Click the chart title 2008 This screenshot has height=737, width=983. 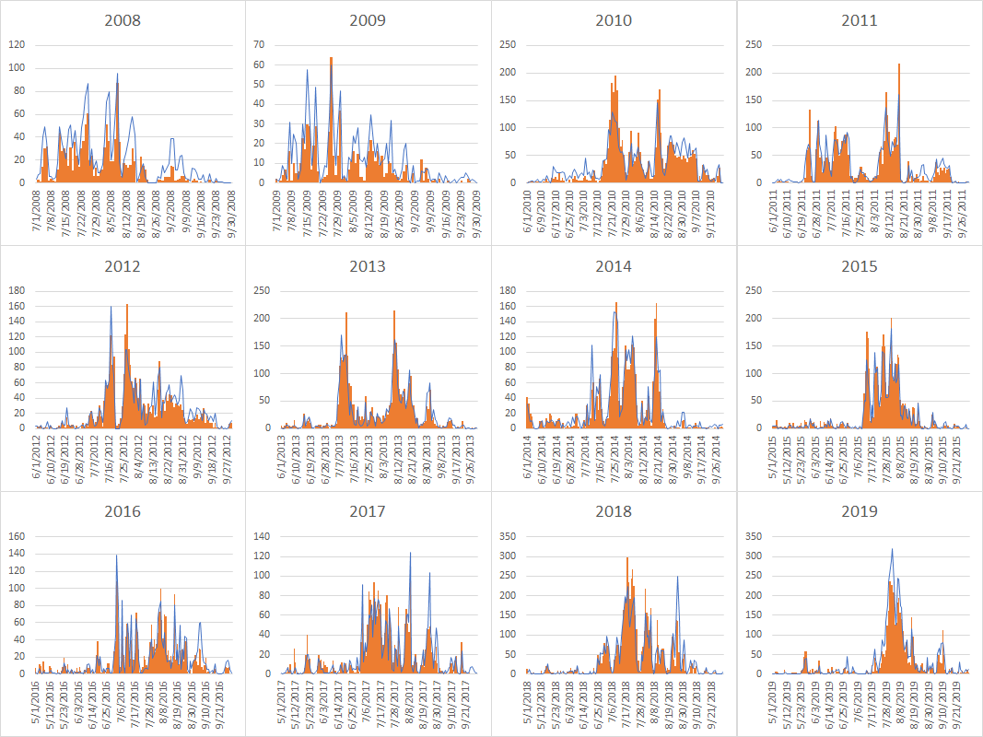(x=123, y=20)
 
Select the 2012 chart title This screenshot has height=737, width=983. (x=123, y=266)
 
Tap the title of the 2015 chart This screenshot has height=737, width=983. (x=860, y=266)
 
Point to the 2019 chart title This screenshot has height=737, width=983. (x=860, y=511)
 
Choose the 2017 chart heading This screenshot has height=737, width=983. (x=369, y=511)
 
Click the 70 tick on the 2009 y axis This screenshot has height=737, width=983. (x=259, y=44)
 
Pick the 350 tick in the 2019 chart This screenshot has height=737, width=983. (x=754, y=536)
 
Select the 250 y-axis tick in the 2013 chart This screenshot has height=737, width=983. (x=263, y=290)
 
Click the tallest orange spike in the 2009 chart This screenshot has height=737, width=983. (x=331, y=59)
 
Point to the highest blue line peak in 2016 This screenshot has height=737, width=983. (x=116, y=556)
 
